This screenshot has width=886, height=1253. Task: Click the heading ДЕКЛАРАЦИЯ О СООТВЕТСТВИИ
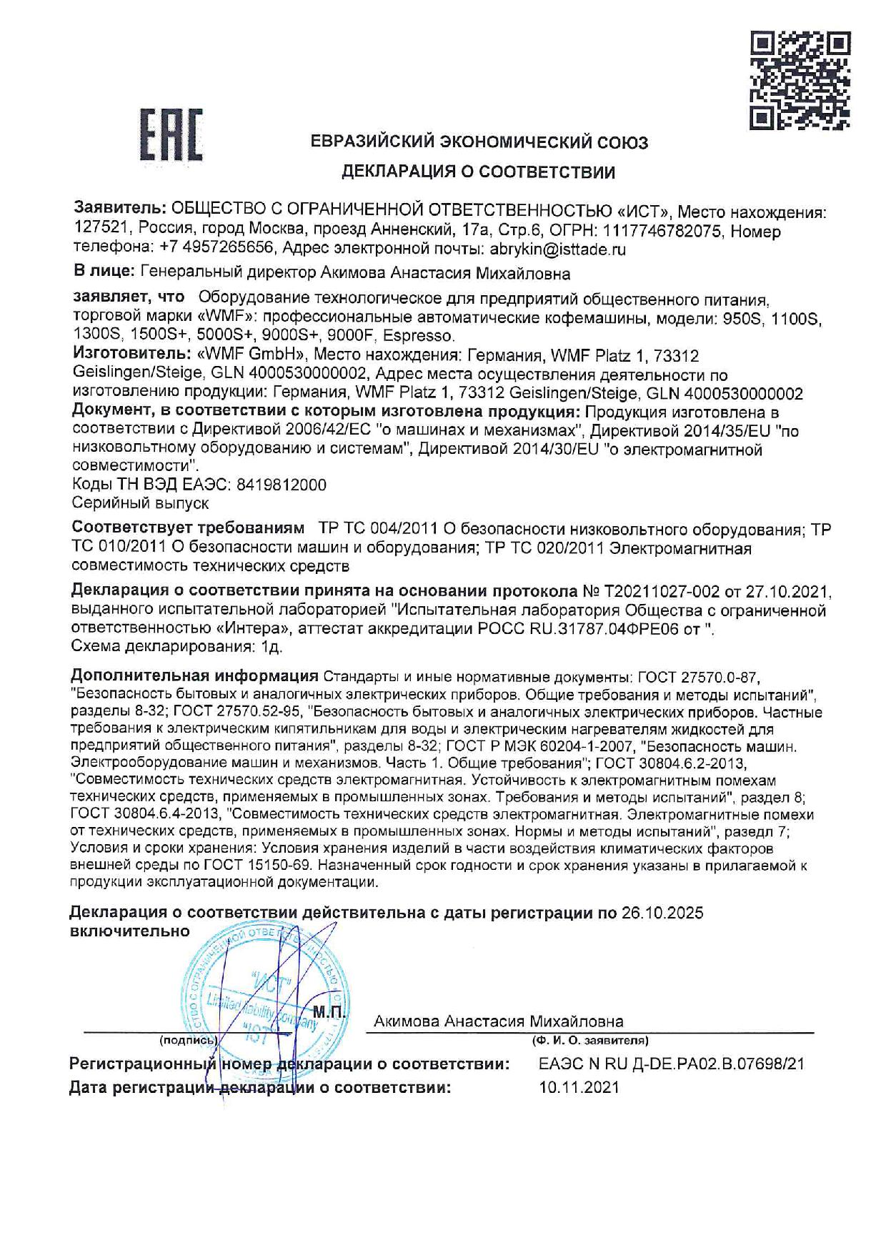pos(478,172)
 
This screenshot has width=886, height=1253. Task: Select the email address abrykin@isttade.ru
pos(557,249)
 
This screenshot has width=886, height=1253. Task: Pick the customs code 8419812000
pos(282,485)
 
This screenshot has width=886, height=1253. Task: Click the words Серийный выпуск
pos(141,503)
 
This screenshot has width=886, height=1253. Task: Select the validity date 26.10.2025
pos(662,913)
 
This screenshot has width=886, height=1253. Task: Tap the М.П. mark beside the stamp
pos(329,1012)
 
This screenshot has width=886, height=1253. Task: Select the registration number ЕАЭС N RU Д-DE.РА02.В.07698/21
pos(671,1064)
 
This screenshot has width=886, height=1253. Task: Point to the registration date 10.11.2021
pos(579,1088)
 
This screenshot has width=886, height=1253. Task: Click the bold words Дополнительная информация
pos(194,676)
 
